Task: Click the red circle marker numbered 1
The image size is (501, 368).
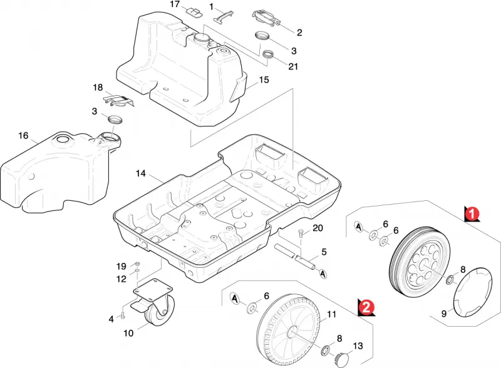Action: tap(472, 213)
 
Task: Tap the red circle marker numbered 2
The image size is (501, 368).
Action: tap(366, 307)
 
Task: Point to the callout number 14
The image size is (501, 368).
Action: tap(140, 173)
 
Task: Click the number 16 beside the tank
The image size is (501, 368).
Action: tap(23, 136)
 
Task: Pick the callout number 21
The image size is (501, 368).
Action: tap(293, 66)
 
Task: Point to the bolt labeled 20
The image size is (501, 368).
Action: tap(301, 233)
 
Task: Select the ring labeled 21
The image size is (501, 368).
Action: tap(269, 54)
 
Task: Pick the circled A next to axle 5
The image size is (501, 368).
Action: tap(323, 273)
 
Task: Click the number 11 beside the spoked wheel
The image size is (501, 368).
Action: tap(331, 315)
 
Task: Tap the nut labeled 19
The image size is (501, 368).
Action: tap(137, 264)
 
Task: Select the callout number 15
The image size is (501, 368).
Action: tap(264, 80)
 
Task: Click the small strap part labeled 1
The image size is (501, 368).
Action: tap(224, 16)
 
